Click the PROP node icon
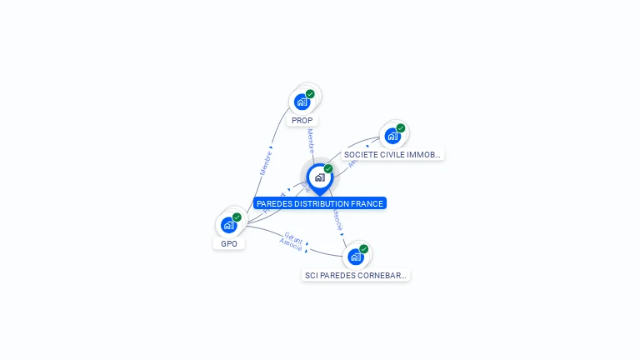pos(302,102)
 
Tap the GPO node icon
pos(228,225)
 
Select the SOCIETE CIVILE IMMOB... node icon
pos(392,136)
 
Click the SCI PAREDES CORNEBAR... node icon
pos(356,256)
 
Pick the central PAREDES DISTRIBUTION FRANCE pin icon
pos(319,177)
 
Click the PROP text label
pos(302,121)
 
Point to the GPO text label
pos(229,244)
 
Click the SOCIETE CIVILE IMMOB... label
pos(393,155)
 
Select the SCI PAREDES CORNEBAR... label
pos(356,275)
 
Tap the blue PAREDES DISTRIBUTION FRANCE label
pos(320,203)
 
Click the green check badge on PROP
pos(310,94)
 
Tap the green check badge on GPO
pos(237,217)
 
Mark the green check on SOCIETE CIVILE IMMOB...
pos(401,128)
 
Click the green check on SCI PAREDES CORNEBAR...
pos(364,248)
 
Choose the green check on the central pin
pos(328,169)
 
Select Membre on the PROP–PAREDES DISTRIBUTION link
pos(310,140)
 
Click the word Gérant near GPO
pos(293,237)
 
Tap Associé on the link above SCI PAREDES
pos(337,220)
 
